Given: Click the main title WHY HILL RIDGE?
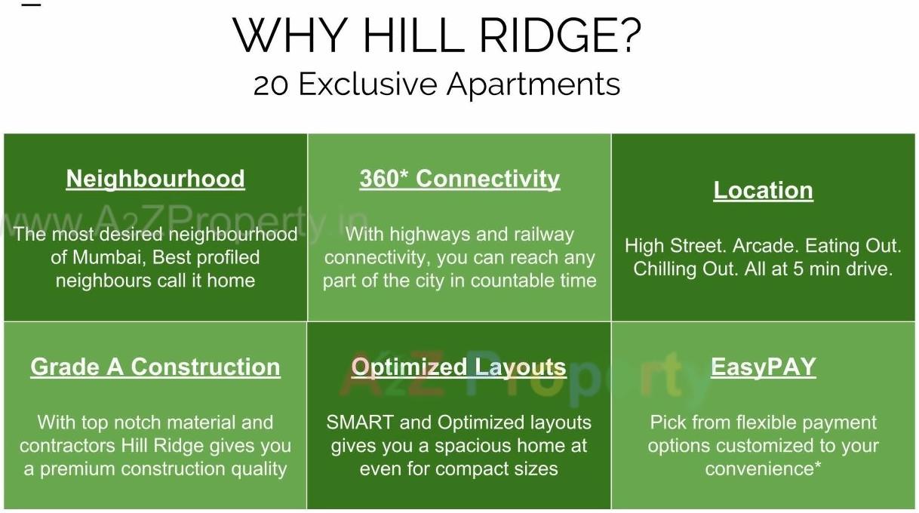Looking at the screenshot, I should click(x=437, y=35).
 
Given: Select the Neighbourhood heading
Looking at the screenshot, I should click(x=155, y=179).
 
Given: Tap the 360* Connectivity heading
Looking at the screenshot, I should click(x=459, y=179).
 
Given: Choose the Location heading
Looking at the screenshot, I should click(x=763, y=190).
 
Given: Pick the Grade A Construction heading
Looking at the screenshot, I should click(x=155, y=367).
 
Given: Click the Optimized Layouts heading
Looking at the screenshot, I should click(x=459, y=367).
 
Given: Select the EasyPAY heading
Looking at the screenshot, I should click(x=763, y=367).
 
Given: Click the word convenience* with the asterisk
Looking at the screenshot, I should click(x=763, y=468).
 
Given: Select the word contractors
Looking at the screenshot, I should click(x=67, y=446).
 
